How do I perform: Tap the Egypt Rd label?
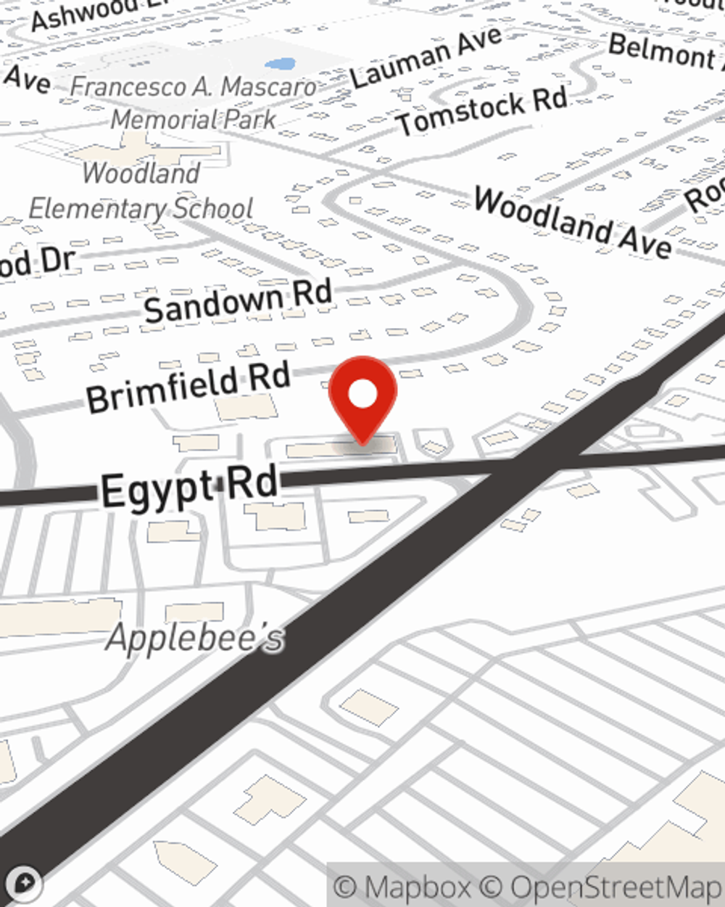click(189, 488)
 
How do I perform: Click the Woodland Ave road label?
click(573, 221)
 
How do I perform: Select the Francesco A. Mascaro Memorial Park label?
click(194, 102)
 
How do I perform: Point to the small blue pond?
click(280, 65)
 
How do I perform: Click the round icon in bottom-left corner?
click(24, 883)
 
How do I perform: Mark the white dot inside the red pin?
click(362, 394)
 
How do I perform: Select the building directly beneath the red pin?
click(341, 448)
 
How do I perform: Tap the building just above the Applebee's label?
click(194, 612)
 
